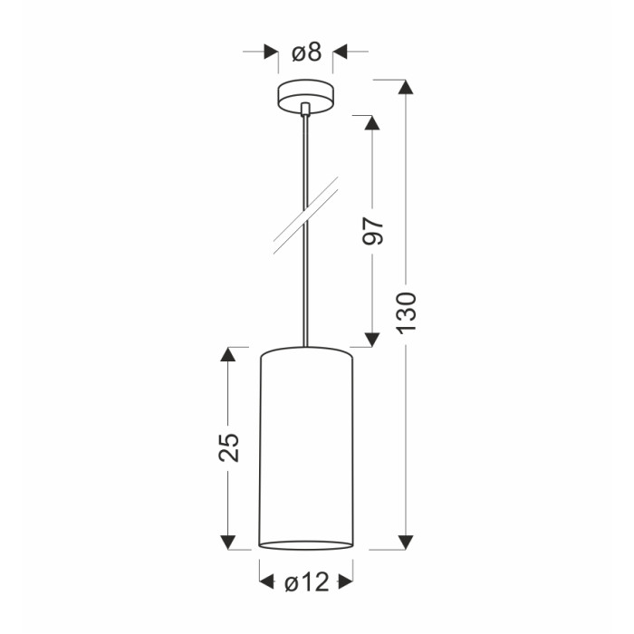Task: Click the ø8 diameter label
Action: click(x=307, y=53)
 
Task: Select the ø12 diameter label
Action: click(x=307, y=582)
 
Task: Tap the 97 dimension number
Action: click(x=372, y=231)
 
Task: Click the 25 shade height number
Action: click(x=229, y=447)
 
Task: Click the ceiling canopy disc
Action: click(x=306, y=96)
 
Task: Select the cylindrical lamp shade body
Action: click(x=306, y=448)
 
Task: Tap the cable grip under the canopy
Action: click(x=306, y=110)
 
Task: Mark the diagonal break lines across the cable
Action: click(x=306, y=216)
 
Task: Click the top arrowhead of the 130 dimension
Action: click(x=406, y=87)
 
